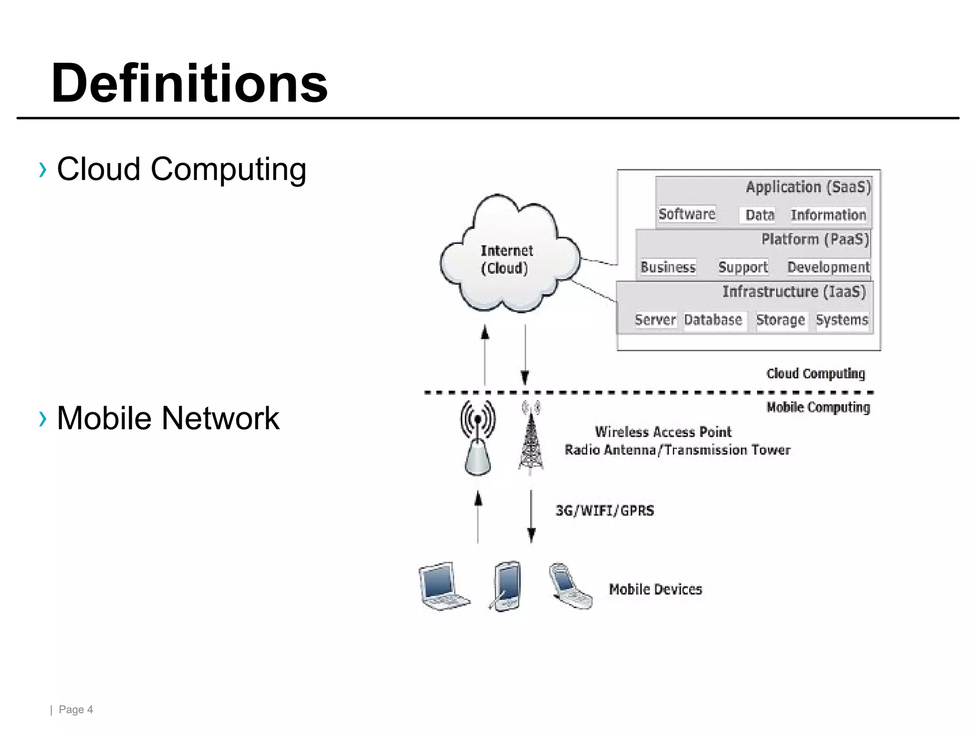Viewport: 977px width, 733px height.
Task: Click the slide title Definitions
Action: click(x=189, y=84)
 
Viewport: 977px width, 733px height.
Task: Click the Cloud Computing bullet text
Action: click(x=181, y=169)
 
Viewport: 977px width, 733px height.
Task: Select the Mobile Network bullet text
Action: click(x=168, y=419)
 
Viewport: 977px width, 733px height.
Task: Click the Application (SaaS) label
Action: click(x=808, y=187)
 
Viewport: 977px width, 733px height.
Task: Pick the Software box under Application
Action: click(x=686, y=214)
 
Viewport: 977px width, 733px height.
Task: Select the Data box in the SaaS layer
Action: click(x=759, y=215)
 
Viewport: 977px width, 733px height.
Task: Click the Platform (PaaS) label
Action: click(x=815, y=239)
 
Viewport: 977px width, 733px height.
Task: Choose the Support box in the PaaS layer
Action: click(x=743, y=267)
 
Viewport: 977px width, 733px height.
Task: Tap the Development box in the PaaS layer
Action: click(x=828, y=267)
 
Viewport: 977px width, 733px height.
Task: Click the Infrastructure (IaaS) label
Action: click(x=794, y=292)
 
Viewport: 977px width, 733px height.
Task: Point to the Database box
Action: click(x=713, y=320)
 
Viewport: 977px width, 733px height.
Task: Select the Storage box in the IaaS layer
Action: click(x=780, y=320)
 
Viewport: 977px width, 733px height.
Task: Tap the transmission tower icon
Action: click(x=531, y=439)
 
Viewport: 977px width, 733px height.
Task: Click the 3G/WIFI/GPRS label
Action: click(x=604, y=511)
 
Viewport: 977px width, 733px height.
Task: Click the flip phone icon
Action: click(x=570, y=587)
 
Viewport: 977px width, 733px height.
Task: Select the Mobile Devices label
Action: click(x=655, y=590)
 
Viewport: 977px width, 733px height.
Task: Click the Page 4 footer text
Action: click(x=75, y=710)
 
